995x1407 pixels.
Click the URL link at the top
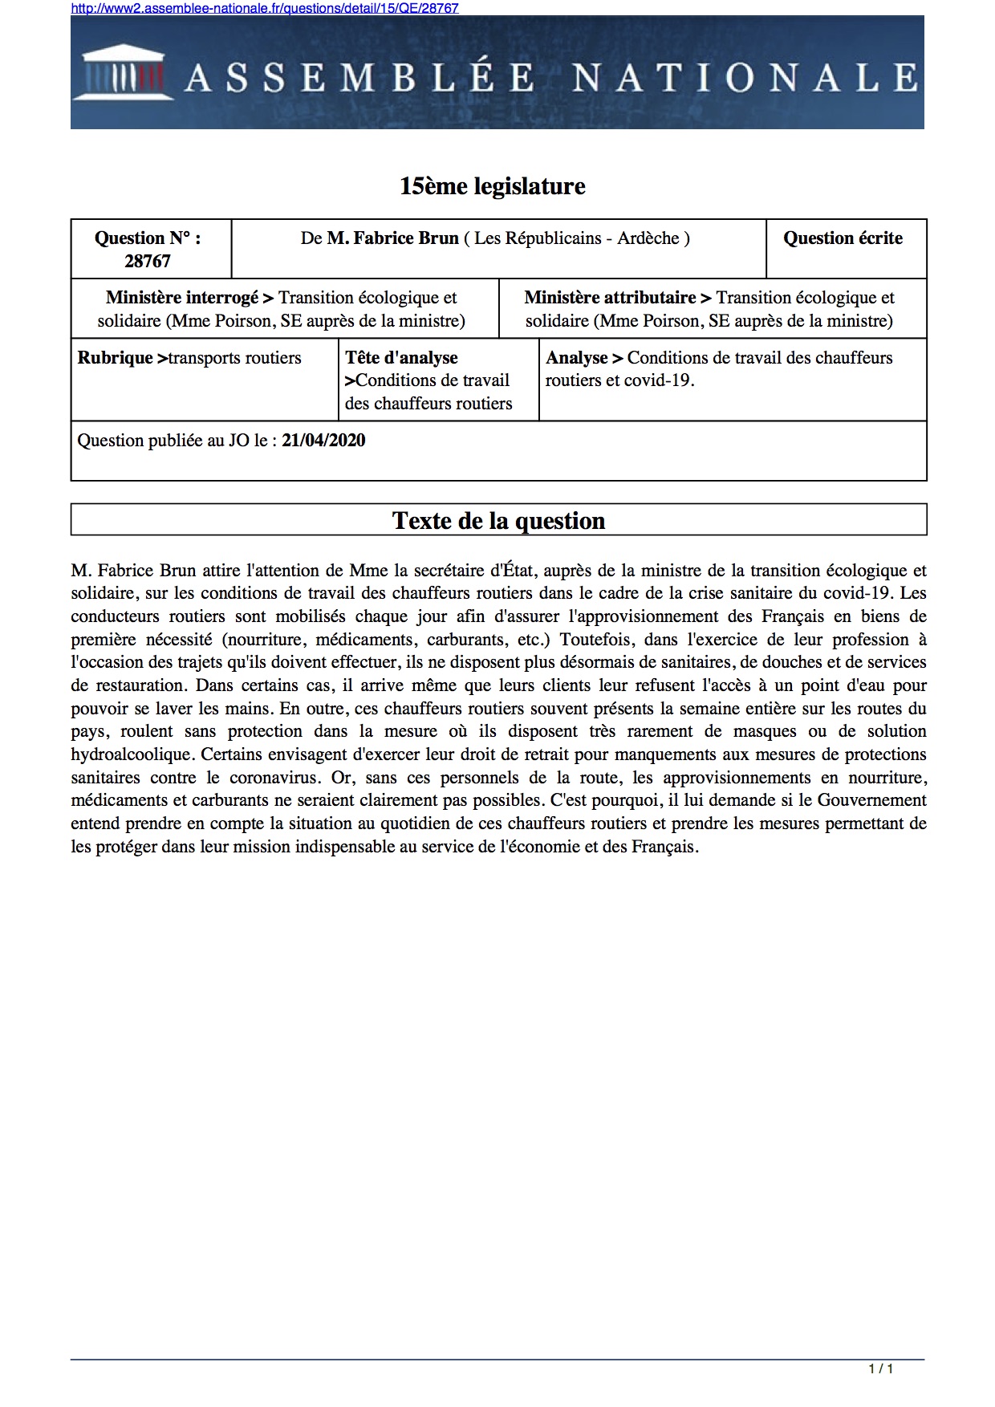coord(265,8)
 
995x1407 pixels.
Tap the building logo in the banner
coord(124,74)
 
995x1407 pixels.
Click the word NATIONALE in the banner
coord(745,78)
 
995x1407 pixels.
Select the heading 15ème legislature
coord(493,186)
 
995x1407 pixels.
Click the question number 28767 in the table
coord(148,261)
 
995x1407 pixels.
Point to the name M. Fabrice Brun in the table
coord(392,238)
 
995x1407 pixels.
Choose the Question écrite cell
coord(843,238)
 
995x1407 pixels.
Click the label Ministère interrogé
coord(182,298)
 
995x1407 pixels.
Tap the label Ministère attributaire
coord(610,298)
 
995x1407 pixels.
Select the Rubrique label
coord(115,358)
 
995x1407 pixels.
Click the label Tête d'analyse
coord(401,358)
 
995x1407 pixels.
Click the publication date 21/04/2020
coord(323,441)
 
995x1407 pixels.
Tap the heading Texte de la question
coord(498,521)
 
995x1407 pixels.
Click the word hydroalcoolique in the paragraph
coord(132,754)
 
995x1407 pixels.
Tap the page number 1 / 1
coord(880,1368)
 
